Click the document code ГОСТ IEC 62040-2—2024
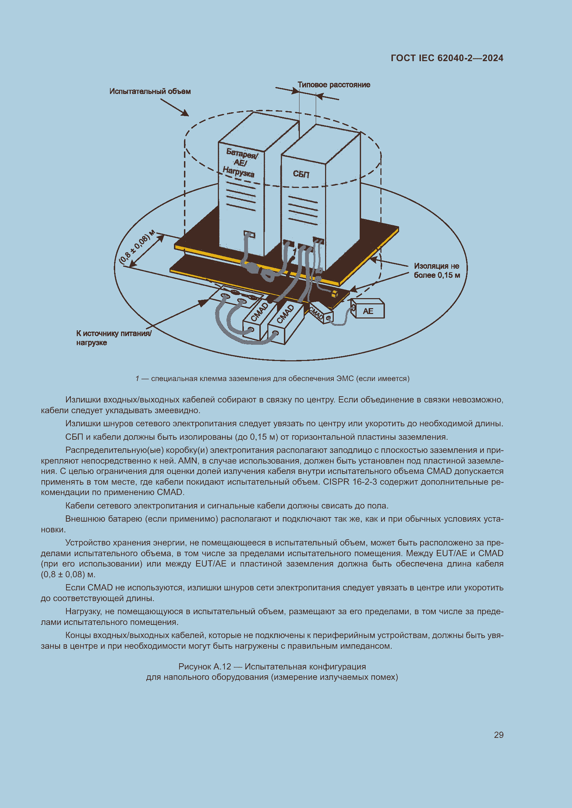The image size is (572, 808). click(x=446, y=58)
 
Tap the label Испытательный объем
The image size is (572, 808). click(x=150, y=92)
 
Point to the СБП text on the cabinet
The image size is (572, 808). click(x=301, y=174)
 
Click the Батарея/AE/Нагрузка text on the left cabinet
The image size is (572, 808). click(x=240, y=163)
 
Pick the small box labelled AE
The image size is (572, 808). click(x=368, y=311)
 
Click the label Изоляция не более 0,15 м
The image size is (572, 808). click(x=436, y=270)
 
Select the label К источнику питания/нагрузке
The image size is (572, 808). click(x=113, y=338)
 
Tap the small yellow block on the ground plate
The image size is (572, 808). click(x=334, y=294)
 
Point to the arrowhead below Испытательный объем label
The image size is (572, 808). click(x=186, y=113)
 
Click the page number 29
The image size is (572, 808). click(x=498, y=735)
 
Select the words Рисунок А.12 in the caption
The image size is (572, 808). click(x=204, y=666)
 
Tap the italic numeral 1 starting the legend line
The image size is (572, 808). click(x=137, y=379)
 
